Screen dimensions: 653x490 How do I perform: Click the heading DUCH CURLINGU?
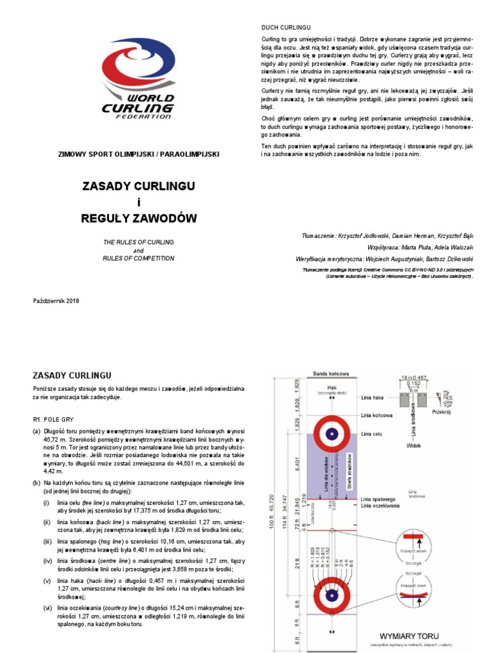pyautogui.click(x=286, y=29)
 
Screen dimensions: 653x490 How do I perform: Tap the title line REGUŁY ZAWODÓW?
pyautogui.click(x=138, y=219)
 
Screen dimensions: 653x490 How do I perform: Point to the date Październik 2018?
pyautogui.click(x=56, y=300)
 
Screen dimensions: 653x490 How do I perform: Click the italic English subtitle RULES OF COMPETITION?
pyautogui.click(x=138, y=259)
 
